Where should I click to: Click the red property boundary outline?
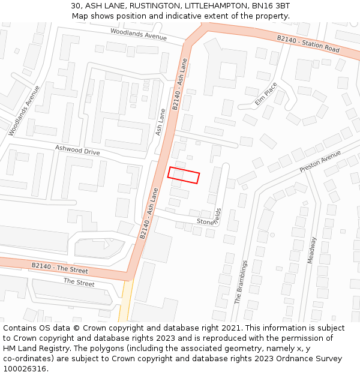point(184,175)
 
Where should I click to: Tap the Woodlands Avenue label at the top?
point(139,35)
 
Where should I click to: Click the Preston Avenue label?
point(320,161)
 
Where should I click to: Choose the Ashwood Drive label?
point(77,151)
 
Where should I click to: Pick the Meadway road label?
point(311,250)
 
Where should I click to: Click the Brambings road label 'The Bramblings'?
point(241,282)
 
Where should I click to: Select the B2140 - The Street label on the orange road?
point(59,268)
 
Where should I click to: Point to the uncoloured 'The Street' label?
point(79,282)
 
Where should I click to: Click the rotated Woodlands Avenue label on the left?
point(24,110)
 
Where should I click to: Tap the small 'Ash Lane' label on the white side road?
point(160,121)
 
